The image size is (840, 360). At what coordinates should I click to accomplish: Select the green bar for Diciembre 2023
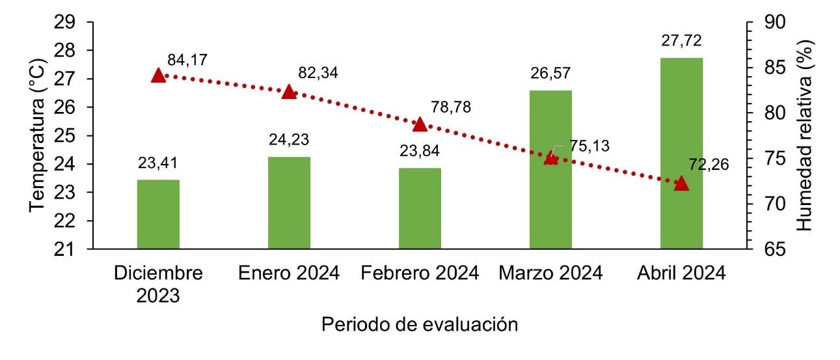(x=158, y=214)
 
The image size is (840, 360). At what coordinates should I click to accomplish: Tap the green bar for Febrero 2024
(x=420, y=208)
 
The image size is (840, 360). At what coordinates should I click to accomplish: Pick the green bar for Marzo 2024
(x=550, y=169)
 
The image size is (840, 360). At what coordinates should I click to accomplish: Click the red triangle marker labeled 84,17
(x=159, y=76)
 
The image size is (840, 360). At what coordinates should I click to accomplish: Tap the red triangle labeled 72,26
(x=681, y=184)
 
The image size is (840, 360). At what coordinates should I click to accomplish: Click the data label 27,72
(x=681, y=42)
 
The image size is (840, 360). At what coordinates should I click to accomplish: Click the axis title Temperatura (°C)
(x=37, y=135)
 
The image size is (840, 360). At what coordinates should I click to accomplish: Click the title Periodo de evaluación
(x=420, y=324)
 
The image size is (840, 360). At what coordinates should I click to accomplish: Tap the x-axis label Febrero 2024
(x=420, y=273)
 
